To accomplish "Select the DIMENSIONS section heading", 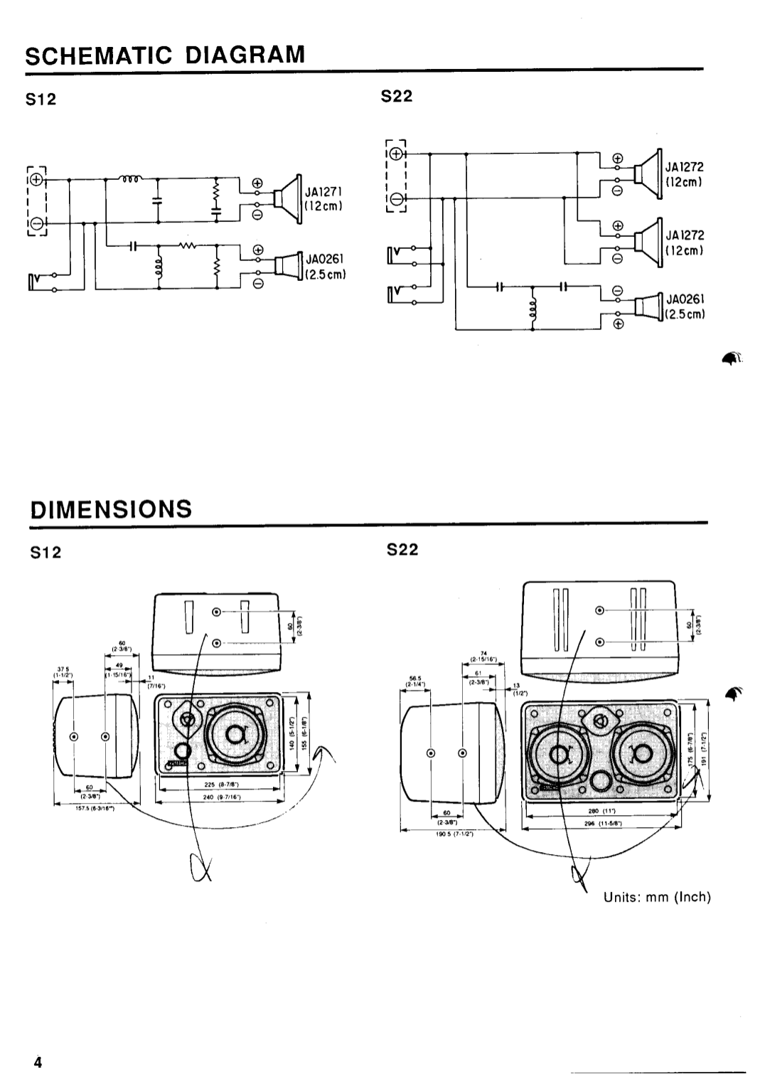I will tap(110, 509).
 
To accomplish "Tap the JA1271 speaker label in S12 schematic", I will tap(324, 191).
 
